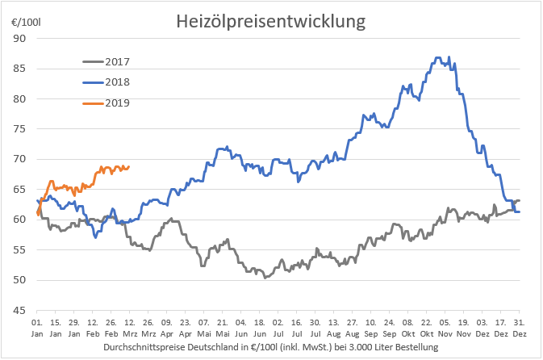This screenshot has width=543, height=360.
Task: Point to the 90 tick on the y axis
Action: point(19,39)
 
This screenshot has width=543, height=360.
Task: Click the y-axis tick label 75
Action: point(19,129)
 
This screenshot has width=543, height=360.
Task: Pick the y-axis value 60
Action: point(19,220)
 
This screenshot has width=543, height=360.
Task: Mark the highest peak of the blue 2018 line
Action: point(438,57)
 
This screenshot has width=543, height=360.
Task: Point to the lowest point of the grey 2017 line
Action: point(265,277)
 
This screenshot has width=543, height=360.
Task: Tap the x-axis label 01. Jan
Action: point(37,326)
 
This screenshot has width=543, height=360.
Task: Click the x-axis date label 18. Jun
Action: point(260,326)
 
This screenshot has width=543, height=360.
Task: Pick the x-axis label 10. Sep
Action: point(371,326)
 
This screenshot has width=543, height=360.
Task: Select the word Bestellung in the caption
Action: point(415,347)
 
